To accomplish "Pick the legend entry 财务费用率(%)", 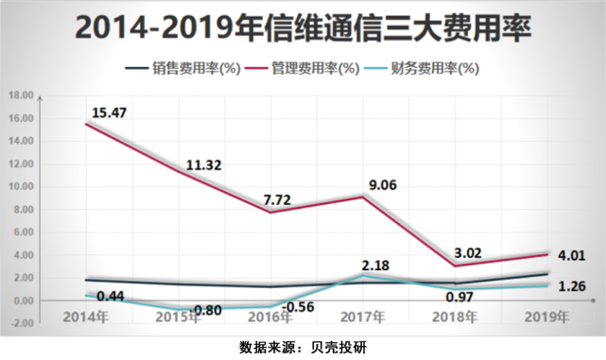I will point(435,68).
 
